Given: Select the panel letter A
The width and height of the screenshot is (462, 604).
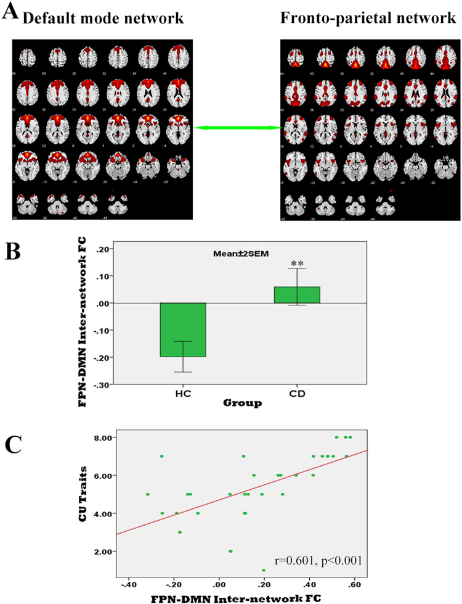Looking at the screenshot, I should [x=10, y=12].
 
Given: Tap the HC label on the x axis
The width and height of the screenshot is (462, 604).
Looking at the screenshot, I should [x=184, y=393].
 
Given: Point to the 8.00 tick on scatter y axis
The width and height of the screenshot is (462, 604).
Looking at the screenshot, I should [x=103, y=437].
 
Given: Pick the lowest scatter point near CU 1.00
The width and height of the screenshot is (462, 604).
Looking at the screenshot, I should [x=264, y=570].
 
